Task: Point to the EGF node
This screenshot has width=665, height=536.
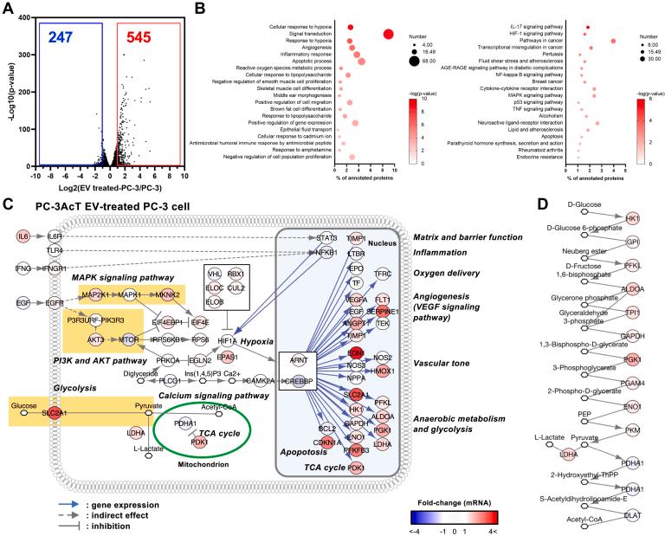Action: [x=23, y=303]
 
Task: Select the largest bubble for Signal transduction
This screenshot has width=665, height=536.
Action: [x=388, y=34]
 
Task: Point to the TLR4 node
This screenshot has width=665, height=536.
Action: [x=54, y=251]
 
